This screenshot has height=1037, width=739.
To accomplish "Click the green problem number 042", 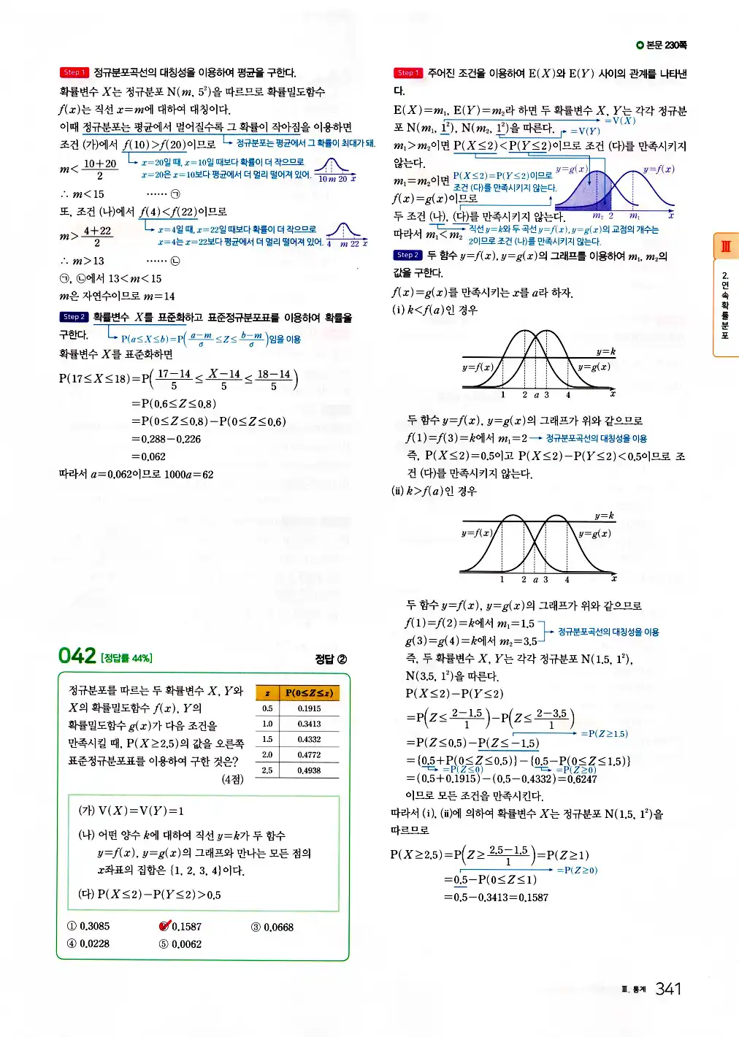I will tap(77, 655).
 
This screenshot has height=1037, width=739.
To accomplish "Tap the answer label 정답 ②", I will tap(331, 659).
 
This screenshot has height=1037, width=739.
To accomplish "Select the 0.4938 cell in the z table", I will tap(309, 770).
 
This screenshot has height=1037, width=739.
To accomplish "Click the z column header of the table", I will tap(267, 693).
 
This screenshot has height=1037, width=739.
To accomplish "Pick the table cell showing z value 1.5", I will tap(267, 739).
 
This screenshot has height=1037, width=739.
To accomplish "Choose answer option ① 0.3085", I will tap(88, 926).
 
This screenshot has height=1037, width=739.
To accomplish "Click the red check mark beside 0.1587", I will tap(165, 925).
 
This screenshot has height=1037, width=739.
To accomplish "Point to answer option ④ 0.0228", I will tap(88, 944).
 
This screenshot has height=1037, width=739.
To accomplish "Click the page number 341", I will tap(668, 989).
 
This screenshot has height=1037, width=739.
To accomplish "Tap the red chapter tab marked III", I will tap(725, 247).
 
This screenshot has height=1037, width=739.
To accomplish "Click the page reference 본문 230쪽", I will tap(662, 45).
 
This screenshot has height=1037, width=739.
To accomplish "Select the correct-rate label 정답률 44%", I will tap(126, 658).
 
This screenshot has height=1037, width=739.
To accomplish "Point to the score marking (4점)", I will tap(232, 779).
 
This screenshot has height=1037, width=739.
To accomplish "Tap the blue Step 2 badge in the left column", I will tap(73, 317).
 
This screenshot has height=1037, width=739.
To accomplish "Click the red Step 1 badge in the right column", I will tap(408, 73).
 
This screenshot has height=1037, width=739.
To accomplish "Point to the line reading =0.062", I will tap(149, 456).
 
